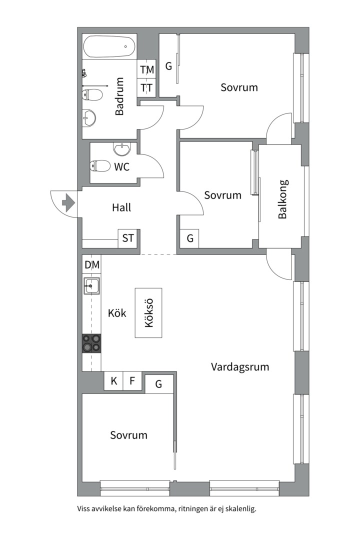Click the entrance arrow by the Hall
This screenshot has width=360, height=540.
pos(68,203)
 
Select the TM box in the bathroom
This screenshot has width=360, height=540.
pos(147,70)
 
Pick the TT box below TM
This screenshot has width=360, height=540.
pos(147,88)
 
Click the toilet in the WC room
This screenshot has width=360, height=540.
pos(100,166)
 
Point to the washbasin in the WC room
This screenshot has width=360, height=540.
pos(122,149)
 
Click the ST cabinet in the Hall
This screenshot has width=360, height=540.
pos(128,238)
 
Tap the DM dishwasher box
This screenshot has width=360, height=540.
pos(91,265)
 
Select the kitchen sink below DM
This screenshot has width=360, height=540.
pos(91,286)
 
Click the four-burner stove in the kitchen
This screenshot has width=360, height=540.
pos(91,343)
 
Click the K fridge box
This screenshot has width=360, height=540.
pos(114,381)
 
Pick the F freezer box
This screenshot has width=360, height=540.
pos(132,381)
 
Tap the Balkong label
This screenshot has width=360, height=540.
pos(282,199)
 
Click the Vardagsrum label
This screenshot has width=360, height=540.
pos(240,367)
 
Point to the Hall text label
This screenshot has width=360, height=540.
pos(121,207)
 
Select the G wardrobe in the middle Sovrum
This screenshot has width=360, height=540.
pos(190,238)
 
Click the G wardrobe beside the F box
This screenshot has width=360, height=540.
pos(159,384)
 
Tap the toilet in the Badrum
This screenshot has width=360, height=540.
pos(93,94)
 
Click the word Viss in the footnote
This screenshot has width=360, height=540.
pos(85,509)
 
